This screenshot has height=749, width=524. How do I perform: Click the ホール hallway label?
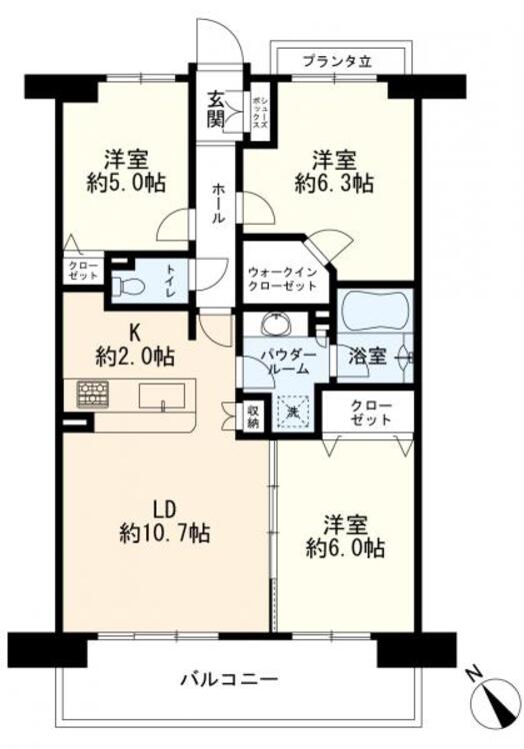[217, 204]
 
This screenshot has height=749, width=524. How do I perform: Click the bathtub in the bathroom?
[373, 312]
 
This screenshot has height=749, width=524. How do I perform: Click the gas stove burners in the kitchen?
[93, 392]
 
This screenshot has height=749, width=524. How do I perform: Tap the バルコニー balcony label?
[228, 681]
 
